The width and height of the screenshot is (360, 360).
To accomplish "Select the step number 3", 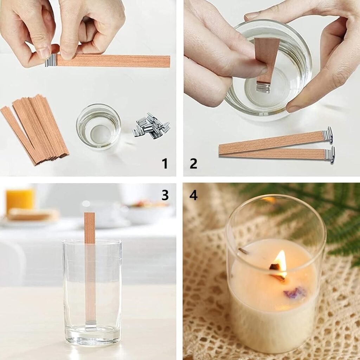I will pos(165,195).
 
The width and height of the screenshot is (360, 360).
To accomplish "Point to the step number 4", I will pos(193,195).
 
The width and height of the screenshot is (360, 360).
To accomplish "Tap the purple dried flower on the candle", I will pos(295,292).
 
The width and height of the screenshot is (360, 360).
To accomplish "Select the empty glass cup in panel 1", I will pos(98,126).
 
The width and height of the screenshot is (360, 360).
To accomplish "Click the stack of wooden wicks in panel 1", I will pos(37,128).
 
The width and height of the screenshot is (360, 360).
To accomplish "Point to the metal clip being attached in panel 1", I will pos(51,60).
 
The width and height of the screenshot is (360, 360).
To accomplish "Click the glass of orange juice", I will pos(20,200).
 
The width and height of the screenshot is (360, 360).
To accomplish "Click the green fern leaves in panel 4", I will pos(327,218).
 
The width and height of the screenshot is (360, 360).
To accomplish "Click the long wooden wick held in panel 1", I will pos(112,61).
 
